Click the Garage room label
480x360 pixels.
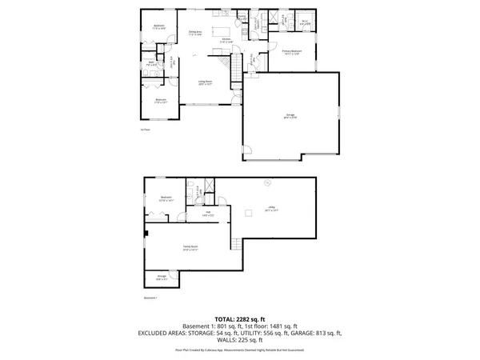(x=290, y=116)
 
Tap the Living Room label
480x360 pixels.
(x=206, y=82)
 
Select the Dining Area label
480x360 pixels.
(x=194, y=34)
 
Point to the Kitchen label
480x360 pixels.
(x=226, y=40)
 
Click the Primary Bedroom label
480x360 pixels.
(x=291, y=53)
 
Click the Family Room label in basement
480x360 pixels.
(x=190, y=248)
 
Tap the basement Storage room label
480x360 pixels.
(x=162, y=278)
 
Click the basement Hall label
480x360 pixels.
(x=207, y=213)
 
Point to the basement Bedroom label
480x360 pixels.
(x=166, y=198)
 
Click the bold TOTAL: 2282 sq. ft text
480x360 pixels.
(x=239, y=318)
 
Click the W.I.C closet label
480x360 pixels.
(x=305, y=22)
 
